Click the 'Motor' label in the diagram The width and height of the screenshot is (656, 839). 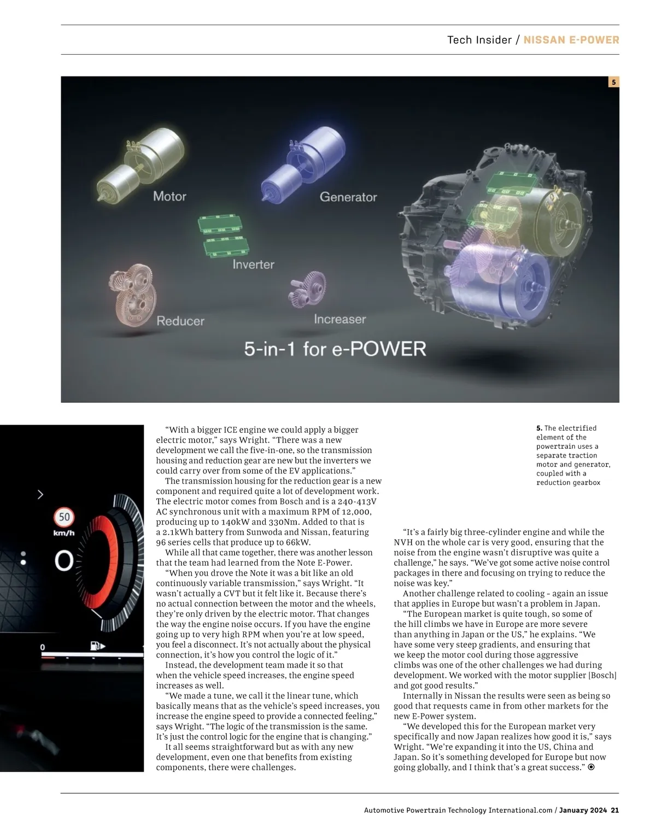(169, 196)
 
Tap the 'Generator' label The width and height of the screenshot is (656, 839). (348, 197)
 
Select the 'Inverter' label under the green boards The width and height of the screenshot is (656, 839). (253, 265)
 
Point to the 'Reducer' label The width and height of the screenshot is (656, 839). (180, 321)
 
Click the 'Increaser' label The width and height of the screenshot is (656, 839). (339, 319)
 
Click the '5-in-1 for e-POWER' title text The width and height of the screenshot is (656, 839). (335, 349)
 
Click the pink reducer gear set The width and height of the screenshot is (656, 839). (132, 294)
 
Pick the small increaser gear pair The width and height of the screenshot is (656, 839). (307, 289)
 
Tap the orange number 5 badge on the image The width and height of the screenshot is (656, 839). (613, 82)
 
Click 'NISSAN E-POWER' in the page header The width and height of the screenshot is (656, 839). (571, 40)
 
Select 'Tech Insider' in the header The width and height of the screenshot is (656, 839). (479, 40)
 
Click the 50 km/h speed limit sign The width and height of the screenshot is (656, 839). (65, 517)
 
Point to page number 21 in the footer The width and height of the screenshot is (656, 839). (615, 810)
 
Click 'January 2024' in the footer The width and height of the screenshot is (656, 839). (583, 810)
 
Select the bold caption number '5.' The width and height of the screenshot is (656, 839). (539, 428)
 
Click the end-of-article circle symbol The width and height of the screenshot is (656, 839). (591, 767)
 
